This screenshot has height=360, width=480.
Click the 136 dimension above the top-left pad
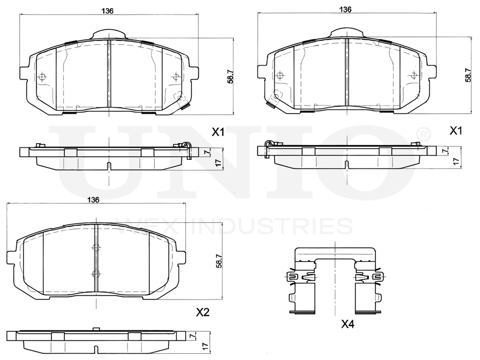coord(108,11)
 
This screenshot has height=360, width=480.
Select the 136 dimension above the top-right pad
coord(345,9)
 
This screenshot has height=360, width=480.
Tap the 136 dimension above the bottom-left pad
coord(94,200)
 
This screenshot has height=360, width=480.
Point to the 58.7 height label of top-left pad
coord(230,76)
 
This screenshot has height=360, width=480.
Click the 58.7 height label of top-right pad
coord(468,75)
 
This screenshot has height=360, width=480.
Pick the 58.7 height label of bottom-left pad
coord(219,261)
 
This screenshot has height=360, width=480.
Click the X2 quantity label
coord(203,312)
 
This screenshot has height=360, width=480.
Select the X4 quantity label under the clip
coord(348,324)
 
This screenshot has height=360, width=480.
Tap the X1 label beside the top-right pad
coord(456,131)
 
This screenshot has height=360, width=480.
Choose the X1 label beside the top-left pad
coord(218,132)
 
